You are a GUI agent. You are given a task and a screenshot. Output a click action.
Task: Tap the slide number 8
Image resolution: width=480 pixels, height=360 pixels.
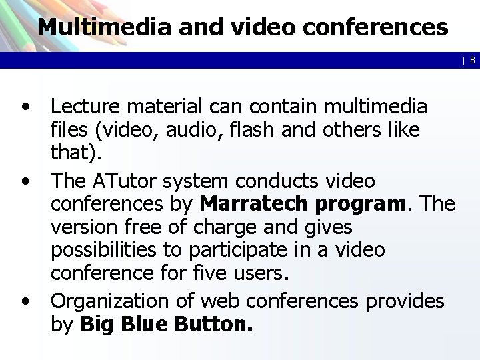(471, 61)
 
